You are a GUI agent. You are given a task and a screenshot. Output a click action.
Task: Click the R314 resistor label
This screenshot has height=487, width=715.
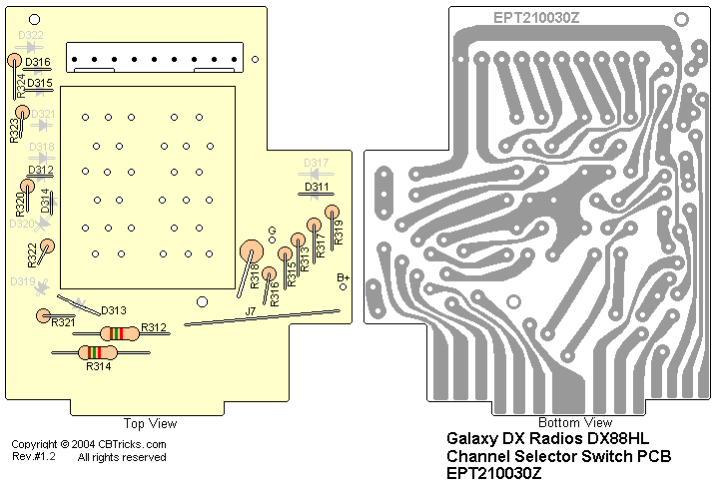point(98,366)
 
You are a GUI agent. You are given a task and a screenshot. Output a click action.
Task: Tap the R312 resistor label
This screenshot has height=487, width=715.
point(154,327)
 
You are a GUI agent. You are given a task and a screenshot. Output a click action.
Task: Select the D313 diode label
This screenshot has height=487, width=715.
point(114,310)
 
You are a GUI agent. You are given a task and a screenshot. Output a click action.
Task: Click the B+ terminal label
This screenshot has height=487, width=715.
point(343,277)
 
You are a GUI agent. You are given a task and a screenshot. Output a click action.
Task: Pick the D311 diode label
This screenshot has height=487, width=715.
point(318,187)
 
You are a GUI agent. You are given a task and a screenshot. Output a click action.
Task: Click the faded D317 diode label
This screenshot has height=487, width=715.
point(317,163)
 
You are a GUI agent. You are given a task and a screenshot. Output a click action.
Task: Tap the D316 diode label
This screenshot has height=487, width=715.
point(39,63)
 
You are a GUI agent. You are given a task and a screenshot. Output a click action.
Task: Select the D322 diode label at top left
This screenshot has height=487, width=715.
point(31,36)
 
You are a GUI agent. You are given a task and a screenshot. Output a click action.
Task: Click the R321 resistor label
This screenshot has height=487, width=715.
point(63,322)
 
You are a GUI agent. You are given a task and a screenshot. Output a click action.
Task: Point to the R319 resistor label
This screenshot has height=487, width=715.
point(339,236)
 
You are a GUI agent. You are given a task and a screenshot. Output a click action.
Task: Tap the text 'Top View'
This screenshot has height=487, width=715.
point(150,424)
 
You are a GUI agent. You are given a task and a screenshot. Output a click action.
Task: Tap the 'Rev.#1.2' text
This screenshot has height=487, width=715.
point(33,457)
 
